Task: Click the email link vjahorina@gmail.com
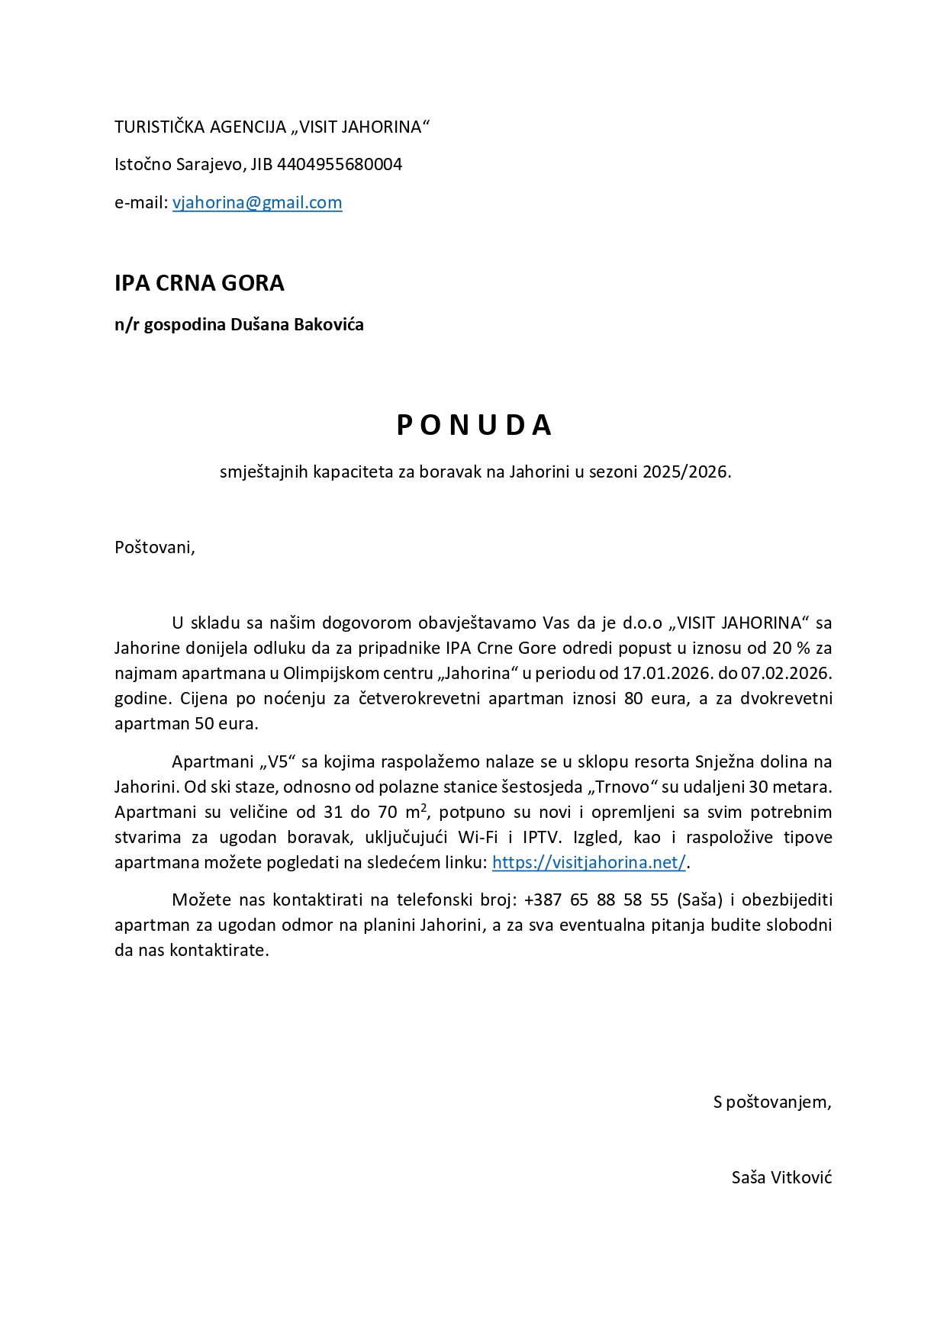pyautogui.click(x=257, y=202)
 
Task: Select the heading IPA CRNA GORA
pyautogui.click(x=199, y=283)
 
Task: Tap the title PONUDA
pyautogui.click(x=474, y=425)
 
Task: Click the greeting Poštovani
pyautogui.click(x=154, y=547)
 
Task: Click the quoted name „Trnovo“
pyautogui.click(x=623, y=787)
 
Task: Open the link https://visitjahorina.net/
pyautogui.click(x=589, y=862)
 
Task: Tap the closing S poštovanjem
pyautogui.click(x=771, y=1102)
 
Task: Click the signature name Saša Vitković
pyautogui.click(x=781, y=1177)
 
